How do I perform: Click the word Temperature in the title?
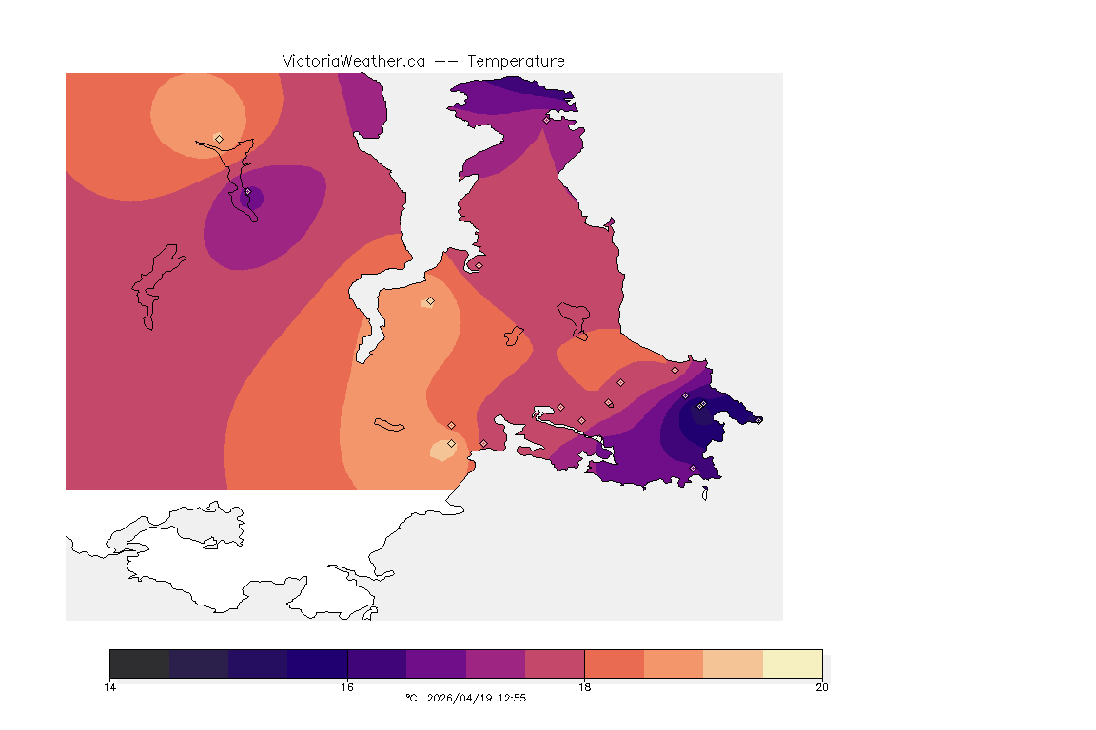click(517, 61)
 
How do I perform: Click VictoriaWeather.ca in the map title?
click(353, 61)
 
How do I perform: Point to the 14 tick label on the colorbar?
click(110, 687)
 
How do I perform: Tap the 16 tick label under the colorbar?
click(347, 687)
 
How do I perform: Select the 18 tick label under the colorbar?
click(584, 687)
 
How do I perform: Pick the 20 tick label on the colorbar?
click(821, 687)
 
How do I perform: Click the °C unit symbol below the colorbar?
click(411, 698)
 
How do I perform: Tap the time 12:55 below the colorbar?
click(512, 698)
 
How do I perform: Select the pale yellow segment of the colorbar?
click(792, 663)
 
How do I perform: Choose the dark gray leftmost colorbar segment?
click(140, 663)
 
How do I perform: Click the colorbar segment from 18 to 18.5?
click(614, 663)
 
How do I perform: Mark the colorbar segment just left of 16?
click(318, 663)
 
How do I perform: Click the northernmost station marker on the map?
click(546, 120)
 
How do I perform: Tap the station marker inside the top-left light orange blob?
click(219, 139)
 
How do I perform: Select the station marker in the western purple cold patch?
click(247, 192)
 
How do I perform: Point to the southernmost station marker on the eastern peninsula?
click(693, 468)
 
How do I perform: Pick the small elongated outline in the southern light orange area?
click(389, 424)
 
